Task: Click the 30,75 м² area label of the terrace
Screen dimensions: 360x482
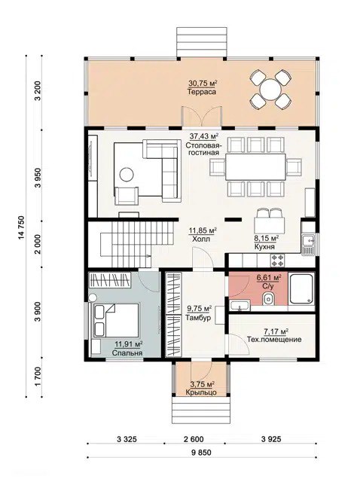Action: pos(203,83)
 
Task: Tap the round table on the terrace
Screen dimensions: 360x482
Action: pos(270,90)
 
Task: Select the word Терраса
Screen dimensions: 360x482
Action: pos(202,92)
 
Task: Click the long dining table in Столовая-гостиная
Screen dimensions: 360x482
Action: pos(255,166)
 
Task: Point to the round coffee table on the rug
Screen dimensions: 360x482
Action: pos(127,175)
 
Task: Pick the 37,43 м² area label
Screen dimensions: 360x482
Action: pos(204,136)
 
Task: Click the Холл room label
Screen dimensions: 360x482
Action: pos(201,239)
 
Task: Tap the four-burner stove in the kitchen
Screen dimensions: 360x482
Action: pos(277,261)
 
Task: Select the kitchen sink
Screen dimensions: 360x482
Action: pos(308,245)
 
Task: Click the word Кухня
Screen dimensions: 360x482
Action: pos(264,246)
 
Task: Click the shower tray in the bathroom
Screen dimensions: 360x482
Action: pos(301,289)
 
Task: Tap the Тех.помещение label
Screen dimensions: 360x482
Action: pos(274,340)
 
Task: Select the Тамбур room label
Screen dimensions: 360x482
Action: pos(198,318)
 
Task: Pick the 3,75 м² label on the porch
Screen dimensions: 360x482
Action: pos(202,385)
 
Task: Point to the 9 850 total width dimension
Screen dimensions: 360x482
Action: pos(202,453)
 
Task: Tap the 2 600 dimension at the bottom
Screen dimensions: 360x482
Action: pos(194,439)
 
